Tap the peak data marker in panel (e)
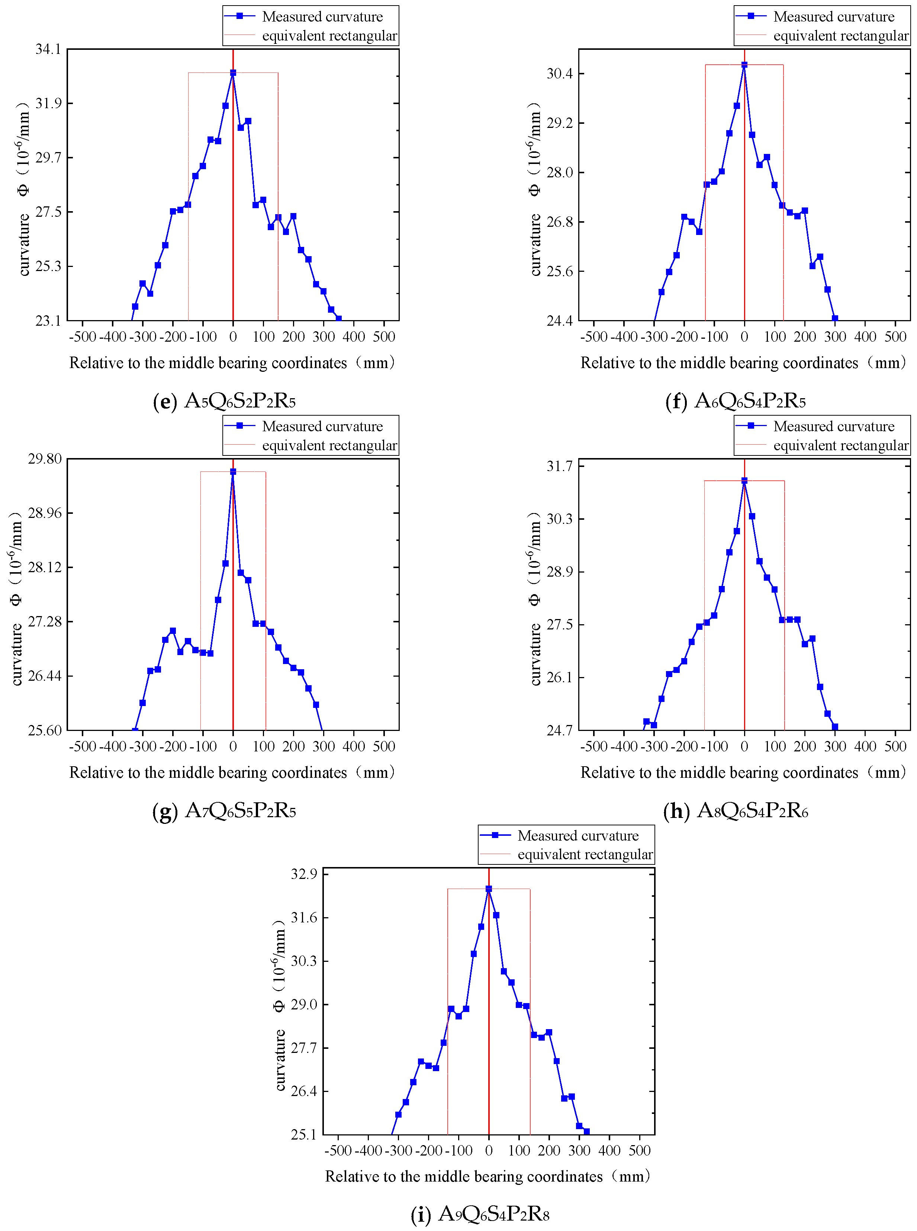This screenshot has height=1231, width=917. tap(233, 73)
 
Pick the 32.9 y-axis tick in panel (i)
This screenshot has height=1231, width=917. tap(304, 874)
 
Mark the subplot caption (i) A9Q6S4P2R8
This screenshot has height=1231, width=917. tap(480, 1214)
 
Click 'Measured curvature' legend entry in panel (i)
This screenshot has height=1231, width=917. tap(578, 836)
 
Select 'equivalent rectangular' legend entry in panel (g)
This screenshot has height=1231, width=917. tap(329, 446)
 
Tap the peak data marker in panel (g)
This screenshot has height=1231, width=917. tap(233, 472)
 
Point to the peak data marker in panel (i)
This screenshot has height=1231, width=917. tap(489, 889)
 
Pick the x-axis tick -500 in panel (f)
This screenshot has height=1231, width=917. tap(593, 337)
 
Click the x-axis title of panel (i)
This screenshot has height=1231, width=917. tap(488, 1177)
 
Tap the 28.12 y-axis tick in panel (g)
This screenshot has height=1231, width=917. tap(45, 567)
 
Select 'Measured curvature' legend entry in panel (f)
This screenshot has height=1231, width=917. tap(833, 17)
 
